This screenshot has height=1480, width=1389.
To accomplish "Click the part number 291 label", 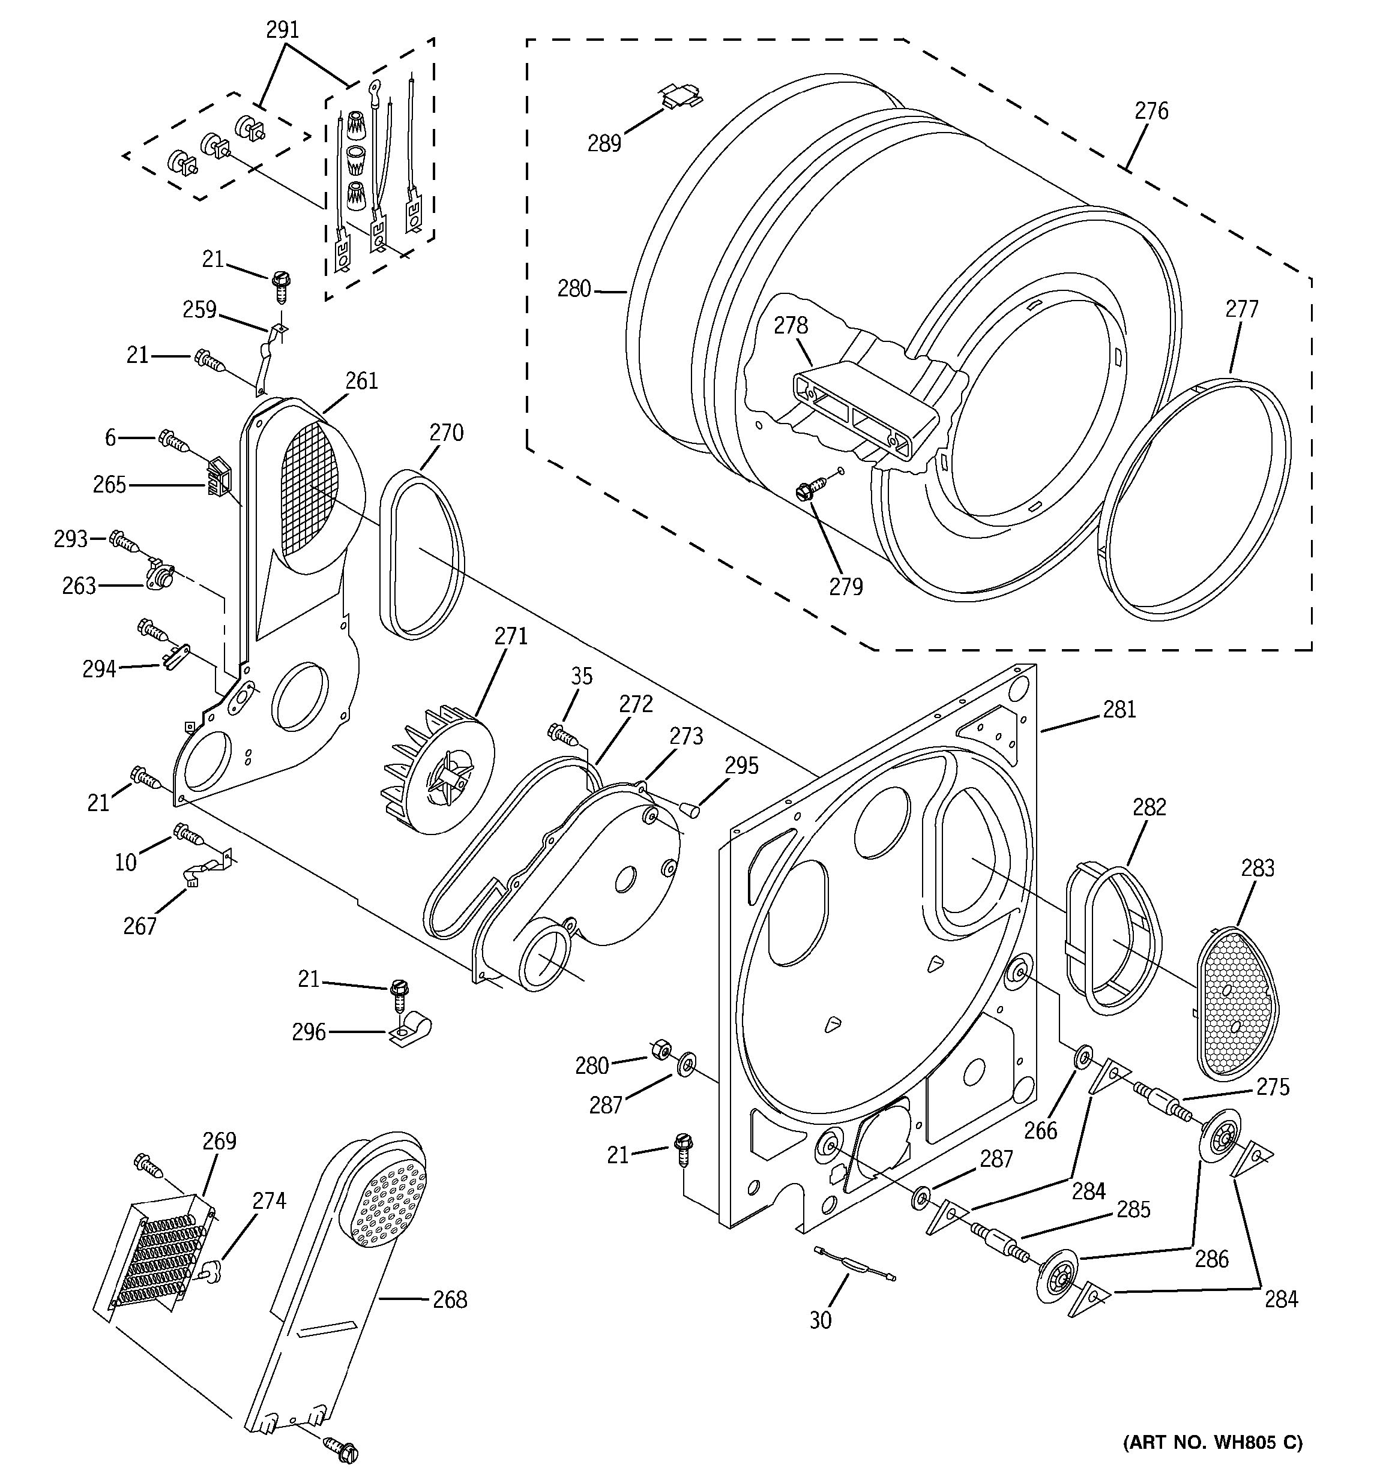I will pos(282,30).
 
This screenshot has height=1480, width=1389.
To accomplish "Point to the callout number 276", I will pos(1151,111).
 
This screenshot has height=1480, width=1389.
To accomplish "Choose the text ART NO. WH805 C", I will pos(1213,1443).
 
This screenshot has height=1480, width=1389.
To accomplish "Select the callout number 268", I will pos(450,1300).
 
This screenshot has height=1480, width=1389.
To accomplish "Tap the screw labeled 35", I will pos(563,736).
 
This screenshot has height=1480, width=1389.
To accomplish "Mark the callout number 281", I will pos(1119,710).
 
